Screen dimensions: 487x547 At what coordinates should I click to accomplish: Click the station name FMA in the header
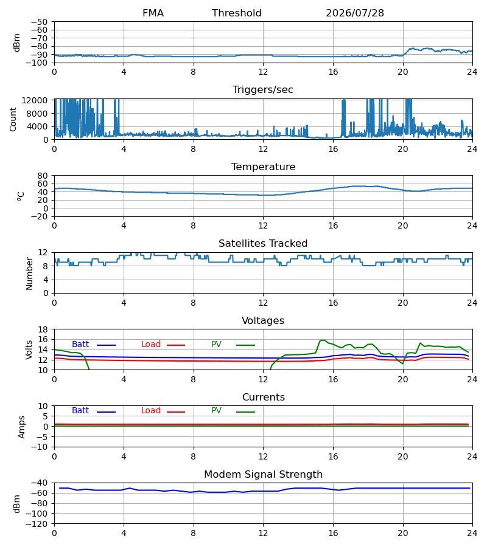[x=153, y=13]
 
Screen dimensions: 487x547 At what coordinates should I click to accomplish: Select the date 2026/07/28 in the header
[x=354, y=13]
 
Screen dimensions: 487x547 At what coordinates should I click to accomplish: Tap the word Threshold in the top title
[x=237, y=13]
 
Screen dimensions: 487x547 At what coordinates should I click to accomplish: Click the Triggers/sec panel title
[x=263, y=90]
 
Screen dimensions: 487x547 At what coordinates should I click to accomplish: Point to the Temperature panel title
[x=263, y=167]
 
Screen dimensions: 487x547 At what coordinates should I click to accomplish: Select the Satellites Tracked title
[x=263, y=244]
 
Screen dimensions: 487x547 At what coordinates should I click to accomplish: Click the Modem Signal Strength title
[x=263, y=475]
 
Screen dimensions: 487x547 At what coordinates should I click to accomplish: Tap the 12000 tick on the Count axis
[x=35, y=100]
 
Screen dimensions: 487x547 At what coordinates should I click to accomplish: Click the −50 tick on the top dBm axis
[x=39, y=22]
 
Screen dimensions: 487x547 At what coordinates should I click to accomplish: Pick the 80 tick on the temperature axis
[x=43, y=176]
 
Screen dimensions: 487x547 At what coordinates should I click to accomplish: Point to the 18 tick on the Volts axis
[x=43, y=329]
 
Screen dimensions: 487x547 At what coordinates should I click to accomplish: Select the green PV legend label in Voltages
[x=216, y=345]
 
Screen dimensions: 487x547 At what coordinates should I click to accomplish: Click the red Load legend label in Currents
[x=151, y=411]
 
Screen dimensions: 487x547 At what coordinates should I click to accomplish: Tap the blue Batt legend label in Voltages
[x=80, y=345]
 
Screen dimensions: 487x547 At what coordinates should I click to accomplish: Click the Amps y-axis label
[x=22, y=427]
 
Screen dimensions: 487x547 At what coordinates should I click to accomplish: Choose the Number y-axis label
[x=29, y=273]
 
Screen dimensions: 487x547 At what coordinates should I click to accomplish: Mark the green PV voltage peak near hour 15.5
[x=324, y=340]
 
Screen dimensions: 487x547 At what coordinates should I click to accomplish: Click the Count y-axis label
[x=13, y=119]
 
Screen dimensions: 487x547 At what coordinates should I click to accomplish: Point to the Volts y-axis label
[x=29, y=349]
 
